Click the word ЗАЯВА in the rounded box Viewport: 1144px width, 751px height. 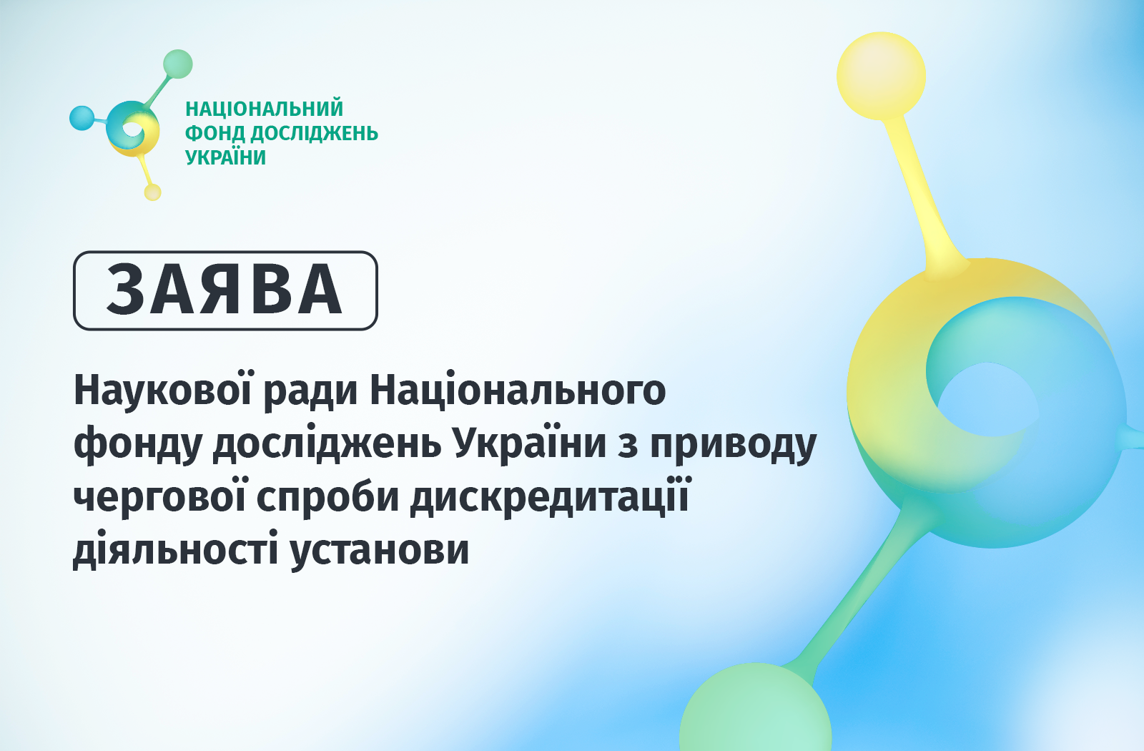coord(225,290)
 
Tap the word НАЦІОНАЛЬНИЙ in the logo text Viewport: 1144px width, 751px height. coord(264,109)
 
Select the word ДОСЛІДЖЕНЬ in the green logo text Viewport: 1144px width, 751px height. coord(315,134)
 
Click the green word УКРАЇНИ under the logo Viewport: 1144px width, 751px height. coord(225,157)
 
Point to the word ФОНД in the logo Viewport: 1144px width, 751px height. coord(215,133)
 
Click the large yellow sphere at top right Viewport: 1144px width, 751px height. coord(881,76)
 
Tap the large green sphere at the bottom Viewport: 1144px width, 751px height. coord(755,709)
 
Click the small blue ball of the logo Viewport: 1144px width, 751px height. coord(82,118)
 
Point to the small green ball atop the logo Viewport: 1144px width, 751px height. coord(178,64)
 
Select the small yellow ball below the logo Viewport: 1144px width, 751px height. coord(153,192)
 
